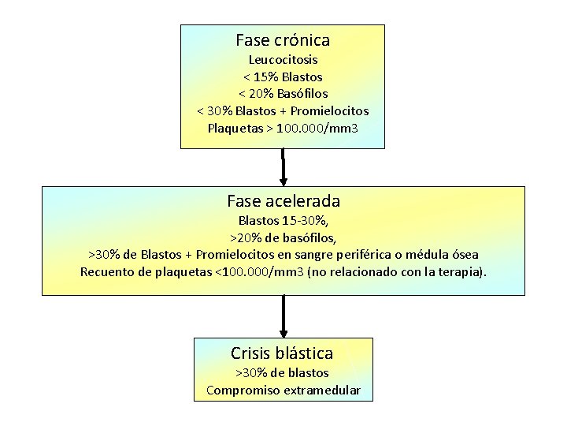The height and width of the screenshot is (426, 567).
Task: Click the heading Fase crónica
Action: point(283,39)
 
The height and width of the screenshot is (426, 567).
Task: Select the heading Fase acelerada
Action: point(283,201)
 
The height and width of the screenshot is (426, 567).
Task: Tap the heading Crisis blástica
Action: point(282,353)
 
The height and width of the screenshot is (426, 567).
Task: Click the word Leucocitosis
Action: point(283,60)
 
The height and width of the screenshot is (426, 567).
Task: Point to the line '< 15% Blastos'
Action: point(283,77)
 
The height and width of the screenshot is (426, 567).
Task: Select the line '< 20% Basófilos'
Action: point(283,94)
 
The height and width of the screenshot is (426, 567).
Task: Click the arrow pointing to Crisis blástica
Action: point(283,316)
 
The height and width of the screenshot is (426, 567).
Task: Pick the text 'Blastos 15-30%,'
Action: point(283,221)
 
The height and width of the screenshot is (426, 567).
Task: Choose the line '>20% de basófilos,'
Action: point(283,237)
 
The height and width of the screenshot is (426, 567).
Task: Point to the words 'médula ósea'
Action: point(445,255)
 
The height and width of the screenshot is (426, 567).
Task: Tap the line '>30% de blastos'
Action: point(282,372)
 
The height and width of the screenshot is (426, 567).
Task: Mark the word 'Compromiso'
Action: point(237,390)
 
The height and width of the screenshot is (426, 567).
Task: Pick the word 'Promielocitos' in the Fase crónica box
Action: point(332,111)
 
